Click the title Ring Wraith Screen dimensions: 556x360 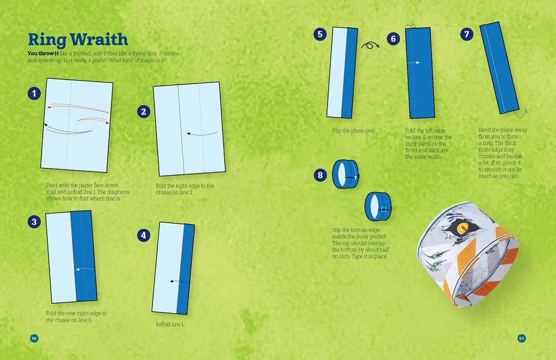tap(78, 40)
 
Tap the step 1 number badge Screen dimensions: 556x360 tap(34, 93)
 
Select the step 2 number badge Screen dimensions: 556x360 tap(143, 112)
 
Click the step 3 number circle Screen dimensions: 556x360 tap(34, 222)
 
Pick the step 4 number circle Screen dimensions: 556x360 tap(143, 235)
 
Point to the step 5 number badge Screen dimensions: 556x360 tap(320, 34)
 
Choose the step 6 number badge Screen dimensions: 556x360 tap(393, 39)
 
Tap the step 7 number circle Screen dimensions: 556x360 tap(466, 34)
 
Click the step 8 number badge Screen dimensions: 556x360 tap(320, 175)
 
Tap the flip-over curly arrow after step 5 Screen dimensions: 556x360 tap(370, 46)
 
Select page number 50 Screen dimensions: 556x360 tap(34, 338)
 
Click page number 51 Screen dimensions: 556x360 tap(522, 338)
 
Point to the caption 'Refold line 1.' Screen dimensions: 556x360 tap(170, 324)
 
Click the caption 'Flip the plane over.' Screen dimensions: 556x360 tap(354, 131)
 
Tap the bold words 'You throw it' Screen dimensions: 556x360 tap(43, 53)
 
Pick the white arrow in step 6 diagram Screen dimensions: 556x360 tap(414, 63)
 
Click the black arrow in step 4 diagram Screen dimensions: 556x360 tap(178, 282)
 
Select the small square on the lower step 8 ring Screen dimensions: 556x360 tap(383, 209)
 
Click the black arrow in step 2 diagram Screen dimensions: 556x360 tap(202, 134)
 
